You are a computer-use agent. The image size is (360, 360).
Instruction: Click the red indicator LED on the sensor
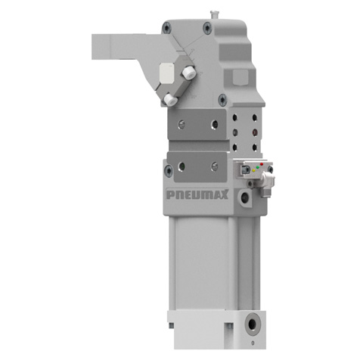pos(262,164)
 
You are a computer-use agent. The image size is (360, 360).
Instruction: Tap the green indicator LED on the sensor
pos(258,167)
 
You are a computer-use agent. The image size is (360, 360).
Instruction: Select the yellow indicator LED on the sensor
pos(254,170)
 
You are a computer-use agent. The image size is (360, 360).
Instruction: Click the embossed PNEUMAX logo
pos(197,194)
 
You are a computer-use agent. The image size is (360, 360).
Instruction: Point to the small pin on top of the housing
pos(213,14)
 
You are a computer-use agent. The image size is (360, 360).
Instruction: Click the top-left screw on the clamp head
pos(166,27)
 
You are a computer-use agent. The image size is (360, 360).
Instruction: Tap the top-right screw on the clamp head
pos(207,28)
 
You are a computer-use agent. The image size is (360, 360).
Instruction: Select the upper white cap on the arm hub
pos(189,73)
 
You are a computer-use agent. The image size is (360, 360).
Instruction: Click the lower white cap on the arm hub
pos(170,100)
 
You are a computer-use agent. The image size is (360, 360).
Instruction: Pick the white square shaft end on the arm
pos(166,72)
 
